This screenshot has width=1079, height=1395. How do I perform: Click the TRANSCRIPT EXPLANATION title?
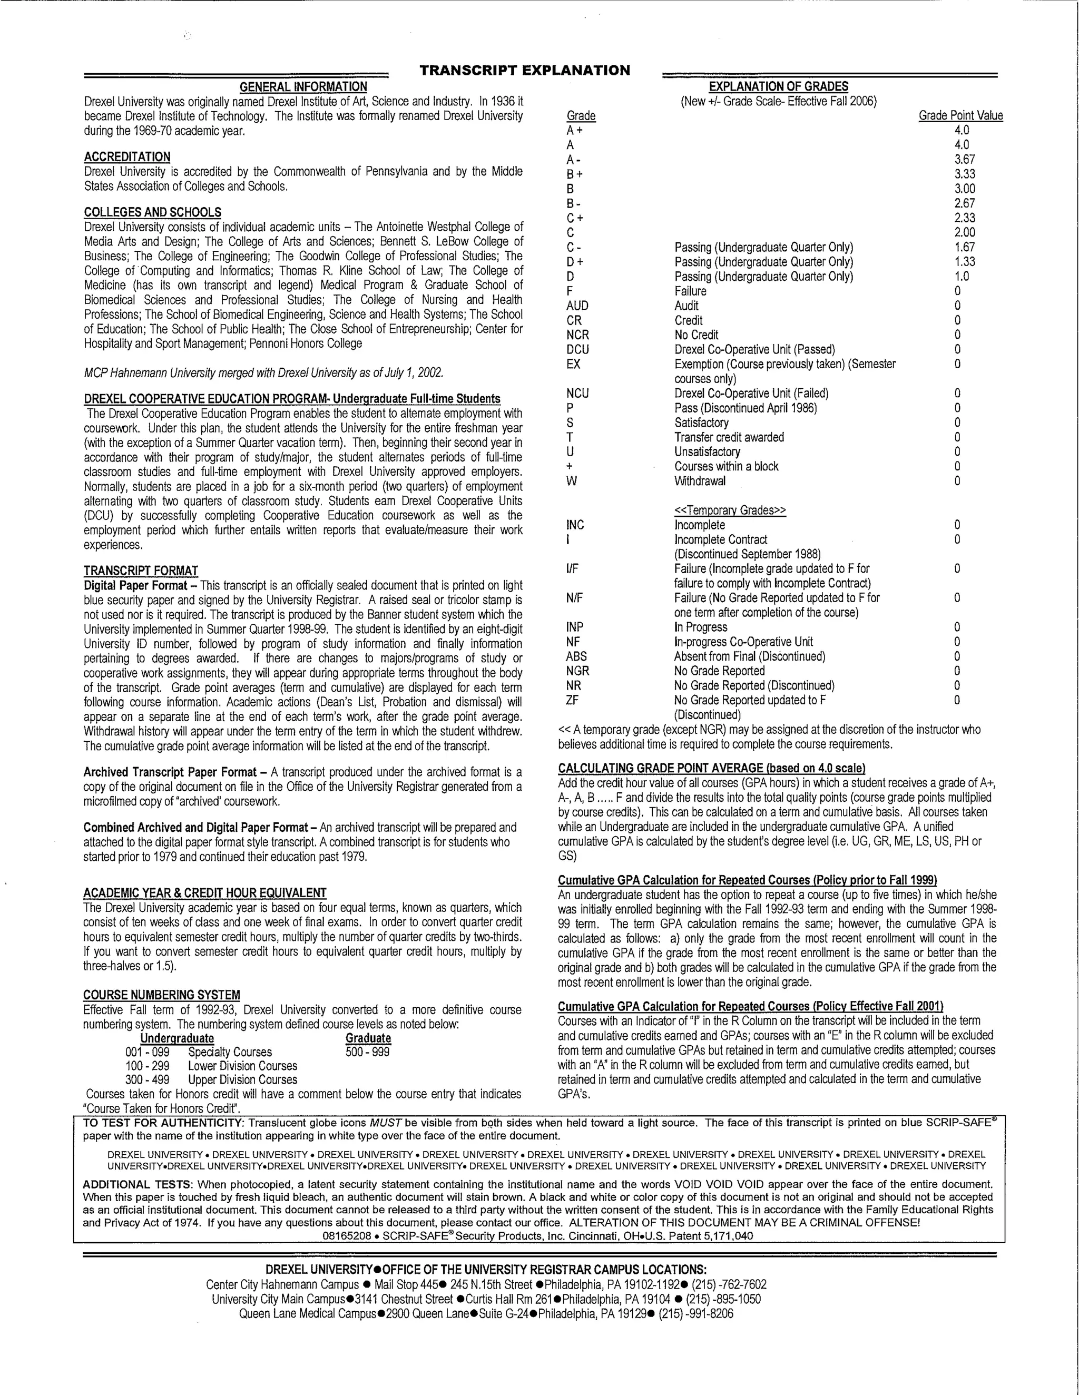[525, 70]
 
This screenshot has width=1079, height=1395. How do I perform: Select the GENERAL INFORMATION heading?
[303, 87]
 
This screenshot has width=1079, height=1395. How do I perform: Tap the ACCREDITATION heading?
[127, 157]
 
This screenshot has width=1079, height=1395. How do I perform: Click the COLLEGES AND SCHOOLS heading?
[153, 212]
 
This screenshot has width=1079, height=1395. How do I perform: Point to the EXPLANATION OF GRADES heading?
[779, 87]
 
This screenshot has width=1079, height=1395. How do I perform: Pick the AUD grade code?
[577, 306]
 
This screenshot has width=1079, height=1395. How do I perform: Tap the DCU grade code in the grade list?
[577, 350]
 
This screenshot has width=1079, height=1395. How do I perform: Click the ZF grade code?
[572, 701]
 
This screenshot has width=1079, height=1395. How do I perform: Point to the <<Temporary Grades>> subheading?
[730, 510]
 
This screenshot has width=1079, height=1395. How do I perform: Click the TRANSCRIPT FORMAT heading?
[141, 571]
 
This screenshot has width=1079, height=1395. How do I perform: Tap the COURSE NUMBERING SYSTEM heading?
[162, 995]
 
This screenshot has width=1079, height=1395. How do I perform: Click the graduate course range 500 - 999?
[367, 1052]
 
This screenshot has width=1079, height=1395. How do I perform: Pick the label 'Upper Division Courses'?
[243, 1080]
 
